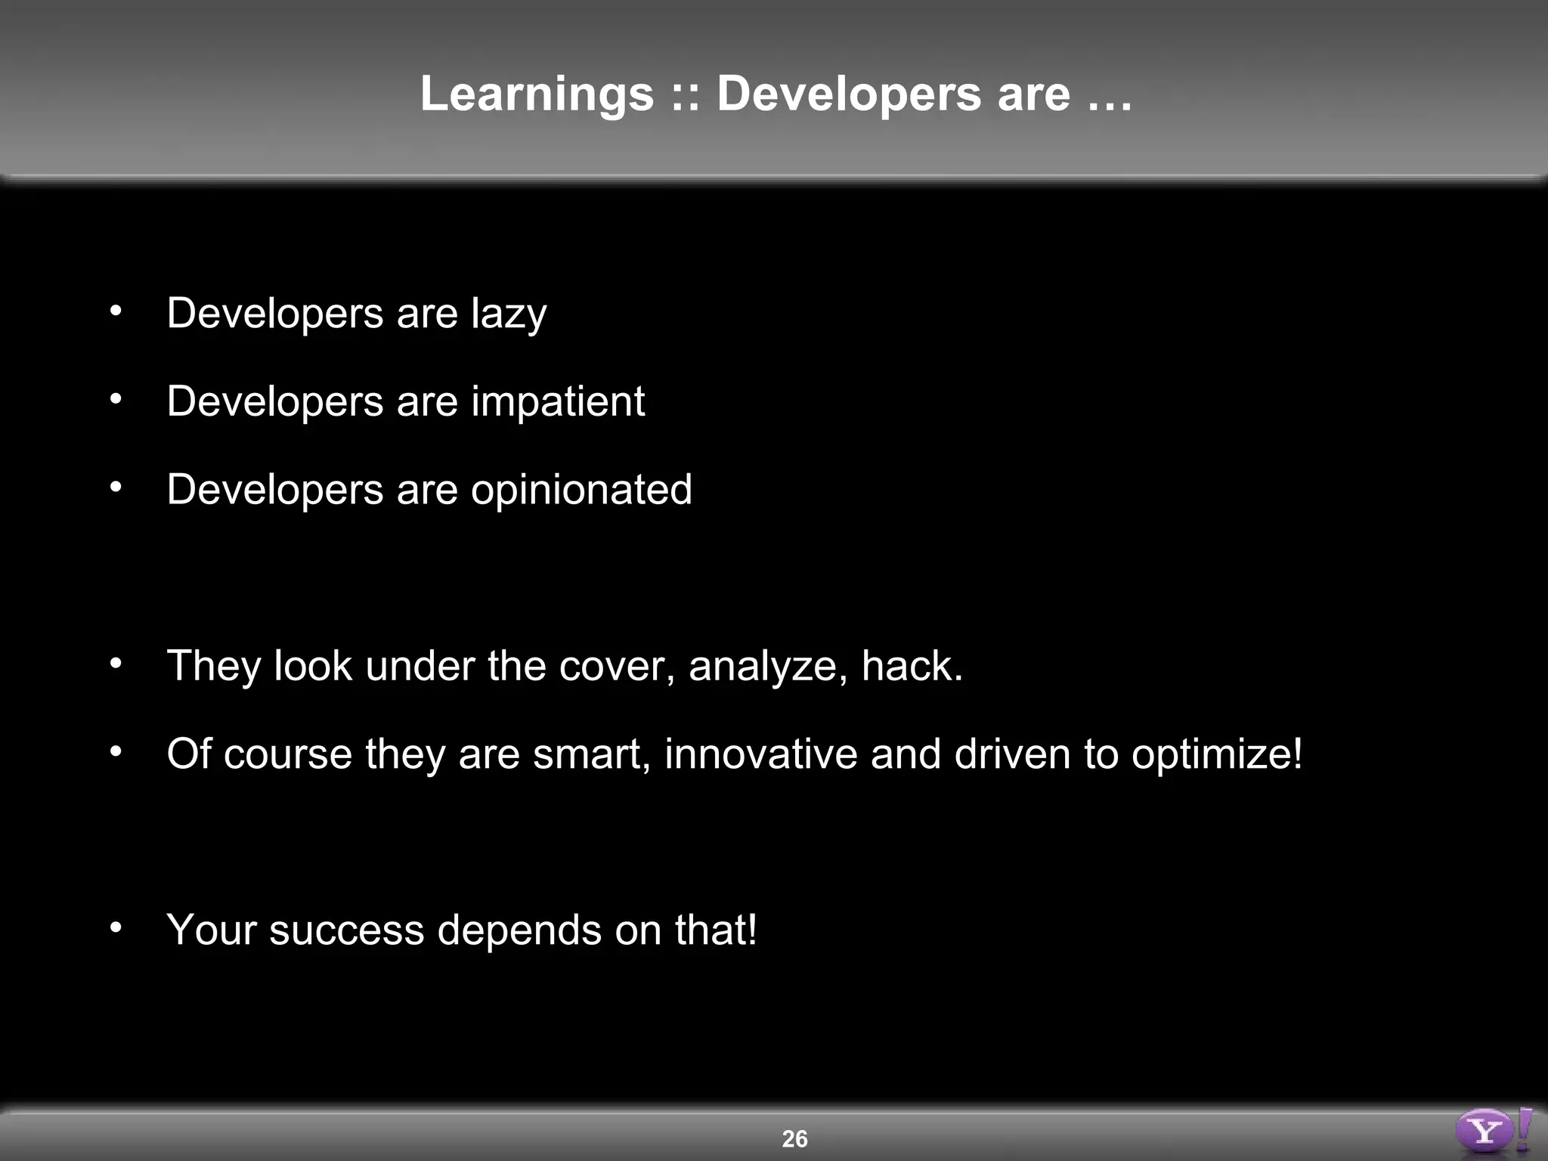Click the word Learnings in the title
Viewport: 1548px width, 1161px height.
tap(537, 94)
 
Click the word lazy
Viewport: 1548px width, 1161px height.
tap(509, 314)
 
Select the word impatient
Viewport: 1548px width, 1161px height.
tap(558, 401)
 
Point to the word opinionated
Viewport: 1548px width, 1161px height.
tap(581, 490)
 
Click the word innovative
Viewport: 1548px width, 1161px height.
tap(760, 754)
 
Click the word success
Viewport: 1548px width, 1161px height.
tap(346, 930)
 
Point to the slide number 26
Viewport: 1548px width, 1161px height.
tap(794, 1138)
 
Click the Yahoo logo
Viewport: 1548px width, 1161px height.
tap(1492, 1131)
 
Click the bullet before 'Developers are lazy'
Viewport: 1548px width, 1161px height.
tap(115, 311)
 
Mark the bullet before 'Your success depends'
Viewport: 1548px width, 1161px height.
tap(115, 927)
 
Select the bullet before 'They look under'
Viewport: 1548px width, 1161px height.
tap(115, 664)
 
